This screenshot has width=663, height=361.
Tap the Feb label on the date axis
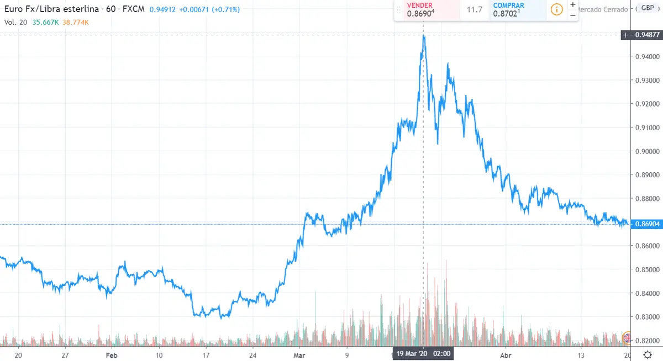[112, 355]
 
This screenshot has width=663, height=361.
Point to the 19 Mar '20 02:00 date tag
[423, 354]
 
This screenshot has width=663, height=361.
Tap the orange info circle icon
[557, 9]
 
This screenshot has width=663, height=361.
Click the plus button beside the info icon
[572, 4]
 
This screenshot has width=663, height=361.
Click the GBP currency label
[646, 8]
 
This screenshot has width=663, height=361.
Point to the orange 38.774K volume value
[76, 22]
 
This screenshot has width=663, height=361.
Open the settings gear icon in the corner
[647, 355]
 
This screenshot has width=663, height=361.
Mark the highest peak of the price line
[424, 36]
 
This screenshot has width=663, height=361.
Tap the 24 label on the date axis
[252, 355]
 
